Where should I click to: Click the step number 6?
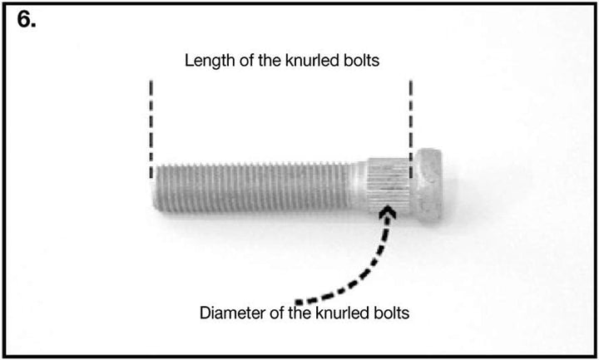tap(27, 20)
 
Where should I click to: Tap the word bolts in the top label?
tap(361, 61)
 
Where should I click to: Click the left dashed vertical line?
tap(151, 129)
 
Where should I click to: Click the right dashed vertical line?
tap(411, 129)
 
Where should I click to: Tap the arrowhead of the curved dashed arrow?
tap(388, 212)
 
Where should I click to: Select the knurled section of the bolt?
tap(389, 186)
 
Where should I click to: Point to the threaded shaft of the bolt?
tap(252, 187)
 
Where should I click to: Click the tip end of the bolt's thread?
tap(154, 188)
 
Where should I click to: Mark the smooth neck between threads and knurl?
tap(359, 186)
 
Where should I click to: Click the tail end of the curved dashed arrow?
tap(298, 303)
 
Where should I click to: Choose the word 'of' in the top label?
tap(246, 61)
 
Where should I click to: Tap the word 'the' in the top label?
tap(270, 61)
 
